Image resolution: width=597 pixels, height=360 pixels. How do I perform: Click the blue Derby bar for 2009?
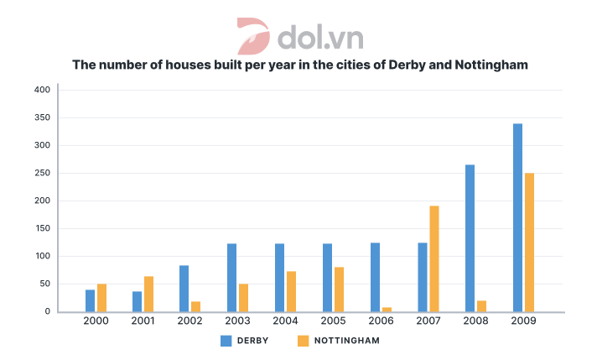pos(517,217)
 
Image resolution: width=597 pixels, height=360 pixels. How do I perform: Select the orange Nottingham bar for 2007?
pos(434,258)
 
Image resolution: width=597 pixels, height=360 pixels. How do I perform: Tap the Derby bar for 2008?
pos(470,237)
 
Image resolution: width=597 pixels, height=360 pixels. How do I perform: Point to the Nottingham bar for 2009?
pos(529,243)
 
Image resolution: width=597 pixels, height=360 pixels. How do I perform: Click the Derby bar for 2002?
pos(184,289)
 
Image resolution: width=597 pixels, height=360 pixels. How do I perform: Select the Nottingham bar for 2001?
pos(149,294)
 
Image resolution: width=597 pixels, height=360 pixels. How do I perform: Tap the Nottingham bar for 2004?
pos(291,291)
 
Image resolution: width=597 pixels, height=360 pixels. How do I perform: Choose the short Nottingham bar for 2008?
pos(481,306)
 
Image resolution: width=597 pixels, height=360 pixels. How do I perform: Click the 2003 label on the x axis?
pos(238,321)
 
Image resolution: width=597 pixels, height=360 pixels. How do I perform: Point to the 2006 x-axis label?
pos(381,321)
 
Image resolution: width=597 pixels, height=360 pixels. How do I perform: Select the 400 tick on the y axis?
pos(42,90)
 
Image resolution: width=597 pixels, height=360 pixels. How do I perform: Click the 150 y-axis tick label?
pos(42,228)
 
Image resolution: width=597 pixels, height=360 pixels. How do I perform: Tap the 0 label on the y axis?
pos(48,311)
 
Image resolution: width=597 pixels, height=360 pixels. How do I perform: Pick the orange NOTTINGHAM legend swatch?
pos(304,341)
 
